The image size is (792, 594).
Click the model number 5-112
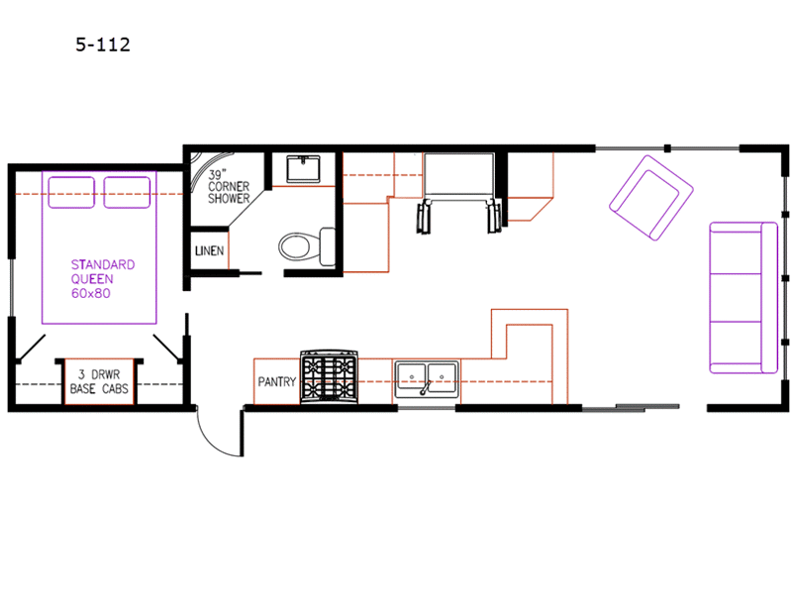tap(103, 45)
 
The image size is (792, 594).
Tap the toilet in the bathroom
tap(307, 247)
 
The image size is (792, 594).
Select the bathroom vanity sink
tap(303, 168)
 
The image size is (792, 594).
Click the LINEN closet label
tap(209, 250)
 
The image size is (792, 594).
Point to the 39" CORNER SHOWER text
tap(229, 186)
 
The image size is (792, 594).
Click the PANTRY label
tap(277, 382)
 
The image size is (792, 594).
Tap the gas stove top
tap(329, 377)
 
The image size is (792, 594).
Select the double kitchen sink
tap(427, 379)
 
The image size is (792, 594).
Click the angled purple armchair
tap(651, 197)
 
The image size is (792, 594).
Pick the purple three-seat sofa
tap(743, 298)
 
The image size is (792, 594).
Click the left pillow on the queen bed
tap(71, 192)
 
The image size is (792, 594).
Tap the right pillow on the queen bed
tap(127, 192)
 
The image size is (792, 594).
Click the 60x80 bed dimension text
tap(91, 293)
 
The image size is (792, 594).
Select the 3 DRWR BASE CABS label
tap(99, 381)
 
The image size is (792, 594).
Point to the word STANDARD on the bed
tap(103, 264)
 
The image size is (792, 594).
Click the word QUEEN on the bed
tap(92, 279)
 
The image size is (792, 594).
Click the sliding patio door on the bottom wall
tap(631, 407)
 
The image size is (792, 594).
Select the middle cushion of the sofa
tap(736, 298)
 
